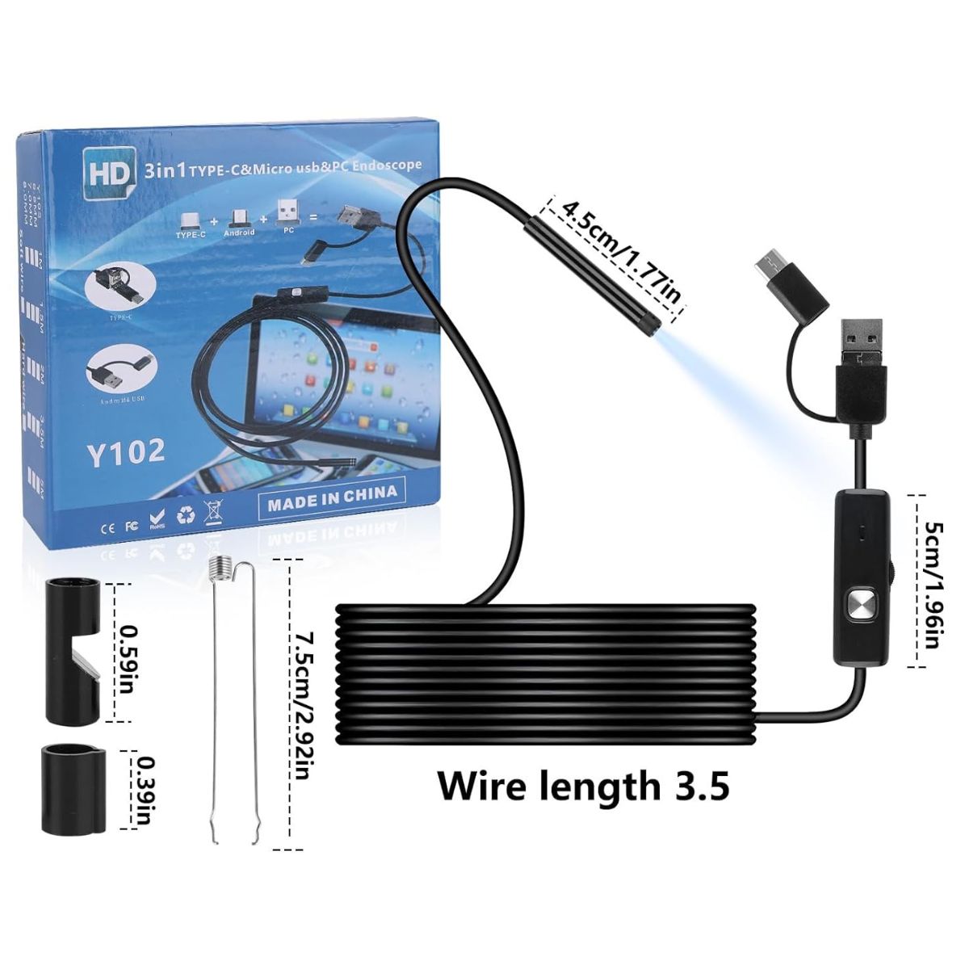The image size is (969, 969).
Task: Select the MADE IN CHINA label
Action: pos(332,493)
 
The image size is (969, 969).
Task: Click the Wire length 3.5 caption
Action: pos(583,784)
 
